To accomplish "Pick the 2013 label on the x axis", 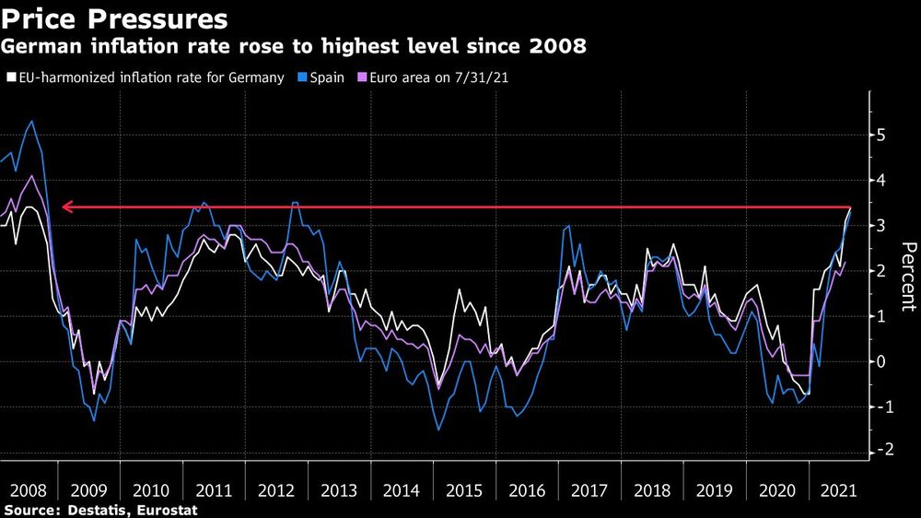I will click(339, 489).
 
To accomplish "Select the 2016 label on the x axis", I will click(527, 489).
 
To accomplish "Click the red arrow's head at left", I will click(64, 208).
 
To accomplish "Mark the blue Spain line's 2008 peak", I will click(32, 121).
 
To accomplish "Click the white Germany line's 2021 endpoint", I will click(849, 209).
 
